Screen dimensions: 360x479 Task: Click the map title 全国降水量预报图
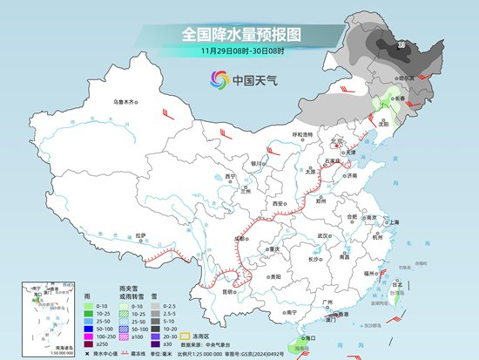tap(239, 35)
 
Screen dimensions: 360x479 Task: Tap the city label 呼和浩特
tap(303, 133)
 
